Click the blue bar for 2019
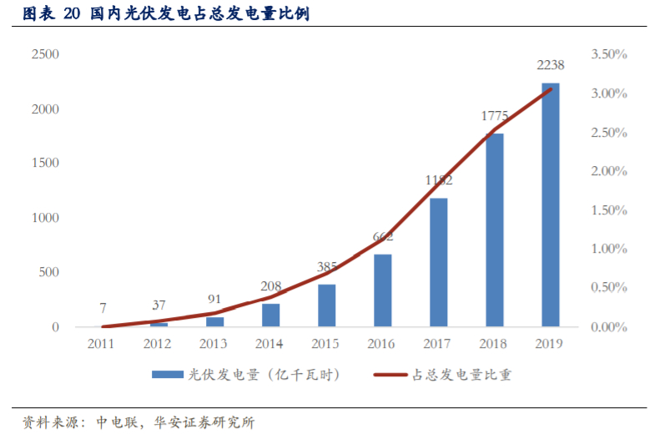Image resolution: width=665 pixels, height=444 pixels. pyautogui.click(x=550, y=204)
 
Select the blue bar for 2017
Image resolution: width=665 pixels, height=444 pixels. pyautogui.click(x=438, y=262)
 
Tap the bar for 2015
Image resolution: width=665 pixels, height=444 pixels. pyautogui.click(x=326, y=305)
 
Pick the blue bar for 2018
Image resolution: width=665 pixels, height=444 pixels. pyautogui.click(x=494, y=230)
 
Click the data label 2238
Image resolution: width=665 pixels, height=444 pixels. pyautogui.click(x=551, y=66)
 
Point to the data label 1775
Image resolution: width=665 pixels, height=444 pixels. pyautogui.click(x=495, y=117)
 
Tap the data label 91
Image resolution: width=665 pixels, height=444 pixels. pyautogui.click(x=214, y=299)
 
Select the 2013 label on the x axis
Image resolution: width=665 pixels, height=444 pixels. pyautogui.click(x=214, y=344)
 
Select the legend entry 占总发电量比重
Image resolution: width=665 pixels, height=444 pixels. pyautogui.click(x=450, y=375)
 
